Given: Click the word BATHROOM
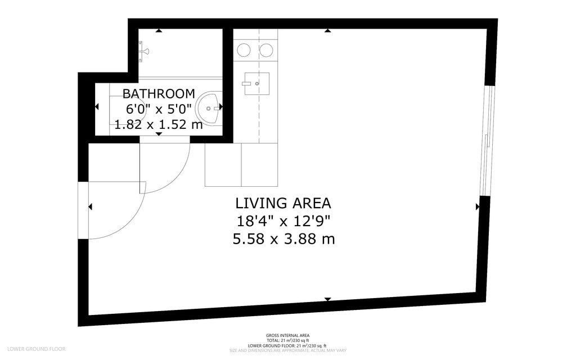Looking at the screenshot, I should (x=159, y=93).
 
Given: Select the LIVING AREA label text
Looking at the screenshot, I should (x=283, y=203).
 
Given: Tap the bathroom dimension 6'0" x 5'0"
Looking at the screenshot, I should (x=159, y=109).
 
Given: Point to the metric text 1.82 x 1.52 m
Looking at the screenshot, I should (x=159, y=124).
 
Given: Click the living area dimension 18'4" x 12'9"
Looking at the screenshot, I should (x=283, y=221).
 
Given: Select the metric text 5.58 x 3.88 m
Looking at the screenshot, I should (x=283, y=239).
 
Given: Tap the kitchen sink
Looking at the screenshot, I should (x=256, y=84).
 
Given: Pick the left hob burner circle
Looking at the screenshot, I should (x=244, y=51).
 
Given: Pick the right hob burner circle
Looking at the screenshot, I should (x=267, y=51).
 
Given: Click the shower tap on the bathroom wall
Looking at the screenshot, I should (x=144, y=52).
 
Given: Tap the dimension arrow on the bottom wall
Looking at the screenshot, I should (x=328, y=299).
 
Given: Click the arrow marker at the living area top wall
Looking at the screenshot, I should (x=328, y=30).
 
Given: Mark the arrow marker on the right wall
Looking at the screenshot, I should (x=478, y=207).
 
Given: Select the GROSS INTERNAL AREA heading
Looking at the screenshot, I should (x=287, y=335).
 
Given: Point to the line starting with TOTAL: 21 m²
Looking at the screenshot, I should (x=287, y=340).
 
